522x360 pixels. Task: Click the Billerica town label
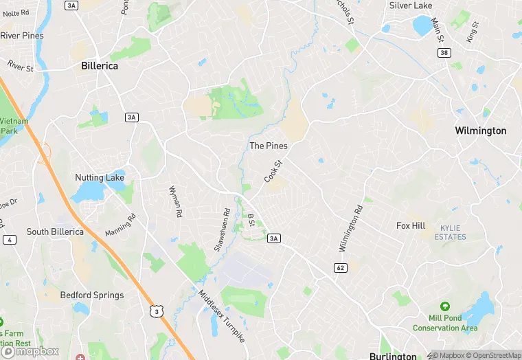point(100,66)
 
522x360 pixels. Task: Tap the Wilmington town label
point(481,131)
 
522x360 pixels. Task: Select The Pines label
point(268,146)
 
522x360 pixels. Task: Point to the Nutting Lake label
point(100,178)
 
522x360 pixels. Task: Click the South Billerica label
point(55,232)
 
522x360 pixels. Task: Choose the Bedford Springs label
point(92,295)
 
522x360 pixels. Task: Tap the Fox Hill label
point(411,225)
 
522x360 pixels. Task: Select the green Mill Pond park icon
point(445,306)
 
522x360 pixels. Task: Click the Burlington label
point(393,356)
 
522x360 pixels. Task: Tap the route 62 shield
point(340,267)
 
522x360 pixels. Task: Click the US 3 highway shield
point(156,311)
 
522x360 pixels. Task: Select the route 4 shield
point(9,240)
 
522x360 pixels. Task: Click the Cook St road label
point(273,171)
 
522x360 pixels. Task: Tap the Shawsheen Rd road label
point(221,229)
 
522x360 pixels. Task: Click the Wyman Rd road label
point(175,201)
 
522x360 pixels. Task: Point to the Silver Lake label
point(410,5)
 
